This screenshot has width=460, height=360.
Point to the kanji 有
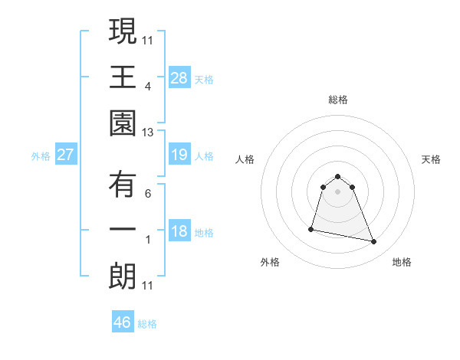click(x=123, y=183)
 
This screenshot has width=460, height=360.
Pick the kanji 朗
click(x=123, y=276)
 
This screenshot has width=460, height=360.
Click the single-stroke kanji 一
click(x=123, y=231)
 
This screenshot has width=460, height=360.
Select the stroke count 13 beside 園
click(x=148, y=133)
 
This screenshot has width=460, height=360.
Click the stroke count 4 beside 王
click(x=148, y=87)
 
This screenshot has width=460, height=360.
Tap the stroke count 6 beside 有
click(x=148, y=193)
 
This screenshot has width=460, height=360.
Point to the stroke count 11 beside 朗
click(x=148, y=286)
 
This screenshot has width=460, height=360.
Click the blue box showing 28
click(x=179, y=77)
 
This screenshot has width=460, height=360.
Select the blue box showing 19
click(x=179, y=155)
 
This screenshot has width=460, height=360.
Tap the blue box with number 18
click(x=179, y=232)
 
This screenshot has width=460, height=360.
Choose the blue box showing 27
click(x=65, y=155)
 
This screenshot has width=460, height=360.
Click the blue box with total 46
click(x=123, y=322)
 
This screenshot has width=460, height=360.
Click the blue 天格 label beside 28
click(x=204, y=79)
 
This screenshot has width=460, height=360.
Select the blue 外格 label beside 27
click(x=41, y=156)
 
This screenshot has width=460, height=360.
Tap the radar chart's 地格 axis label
click(x=402, y=262)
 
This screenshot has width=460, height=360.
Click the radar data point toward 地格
click(x=374, y=242)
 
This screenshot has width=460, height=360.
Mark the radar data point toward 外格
click(x=311, y=228)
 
